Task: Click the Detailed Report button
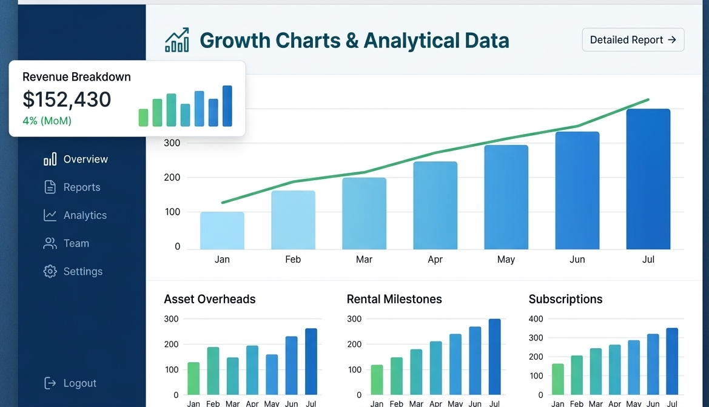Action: point(633,40)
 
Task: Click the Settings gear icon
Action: point(50,271)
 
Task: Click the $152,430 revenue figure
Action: point(67,99)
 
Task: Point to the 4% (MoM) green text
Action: point(47,121)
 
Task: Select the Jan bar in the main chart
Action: point(222,230)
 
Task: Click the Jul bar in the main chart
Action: point(648,179)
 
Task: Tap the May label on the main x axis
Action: point(506,260)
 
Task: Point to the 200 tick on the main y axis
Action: point(172,178)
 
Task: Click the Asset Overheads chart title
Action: point(210,299)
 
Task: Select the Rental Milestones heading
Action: point(394,299)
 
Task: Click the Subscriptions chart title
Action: point(565,299)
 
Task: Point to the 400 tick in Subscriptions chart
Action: point(536,319)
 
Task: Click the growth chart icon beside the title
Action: point(176,40)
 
